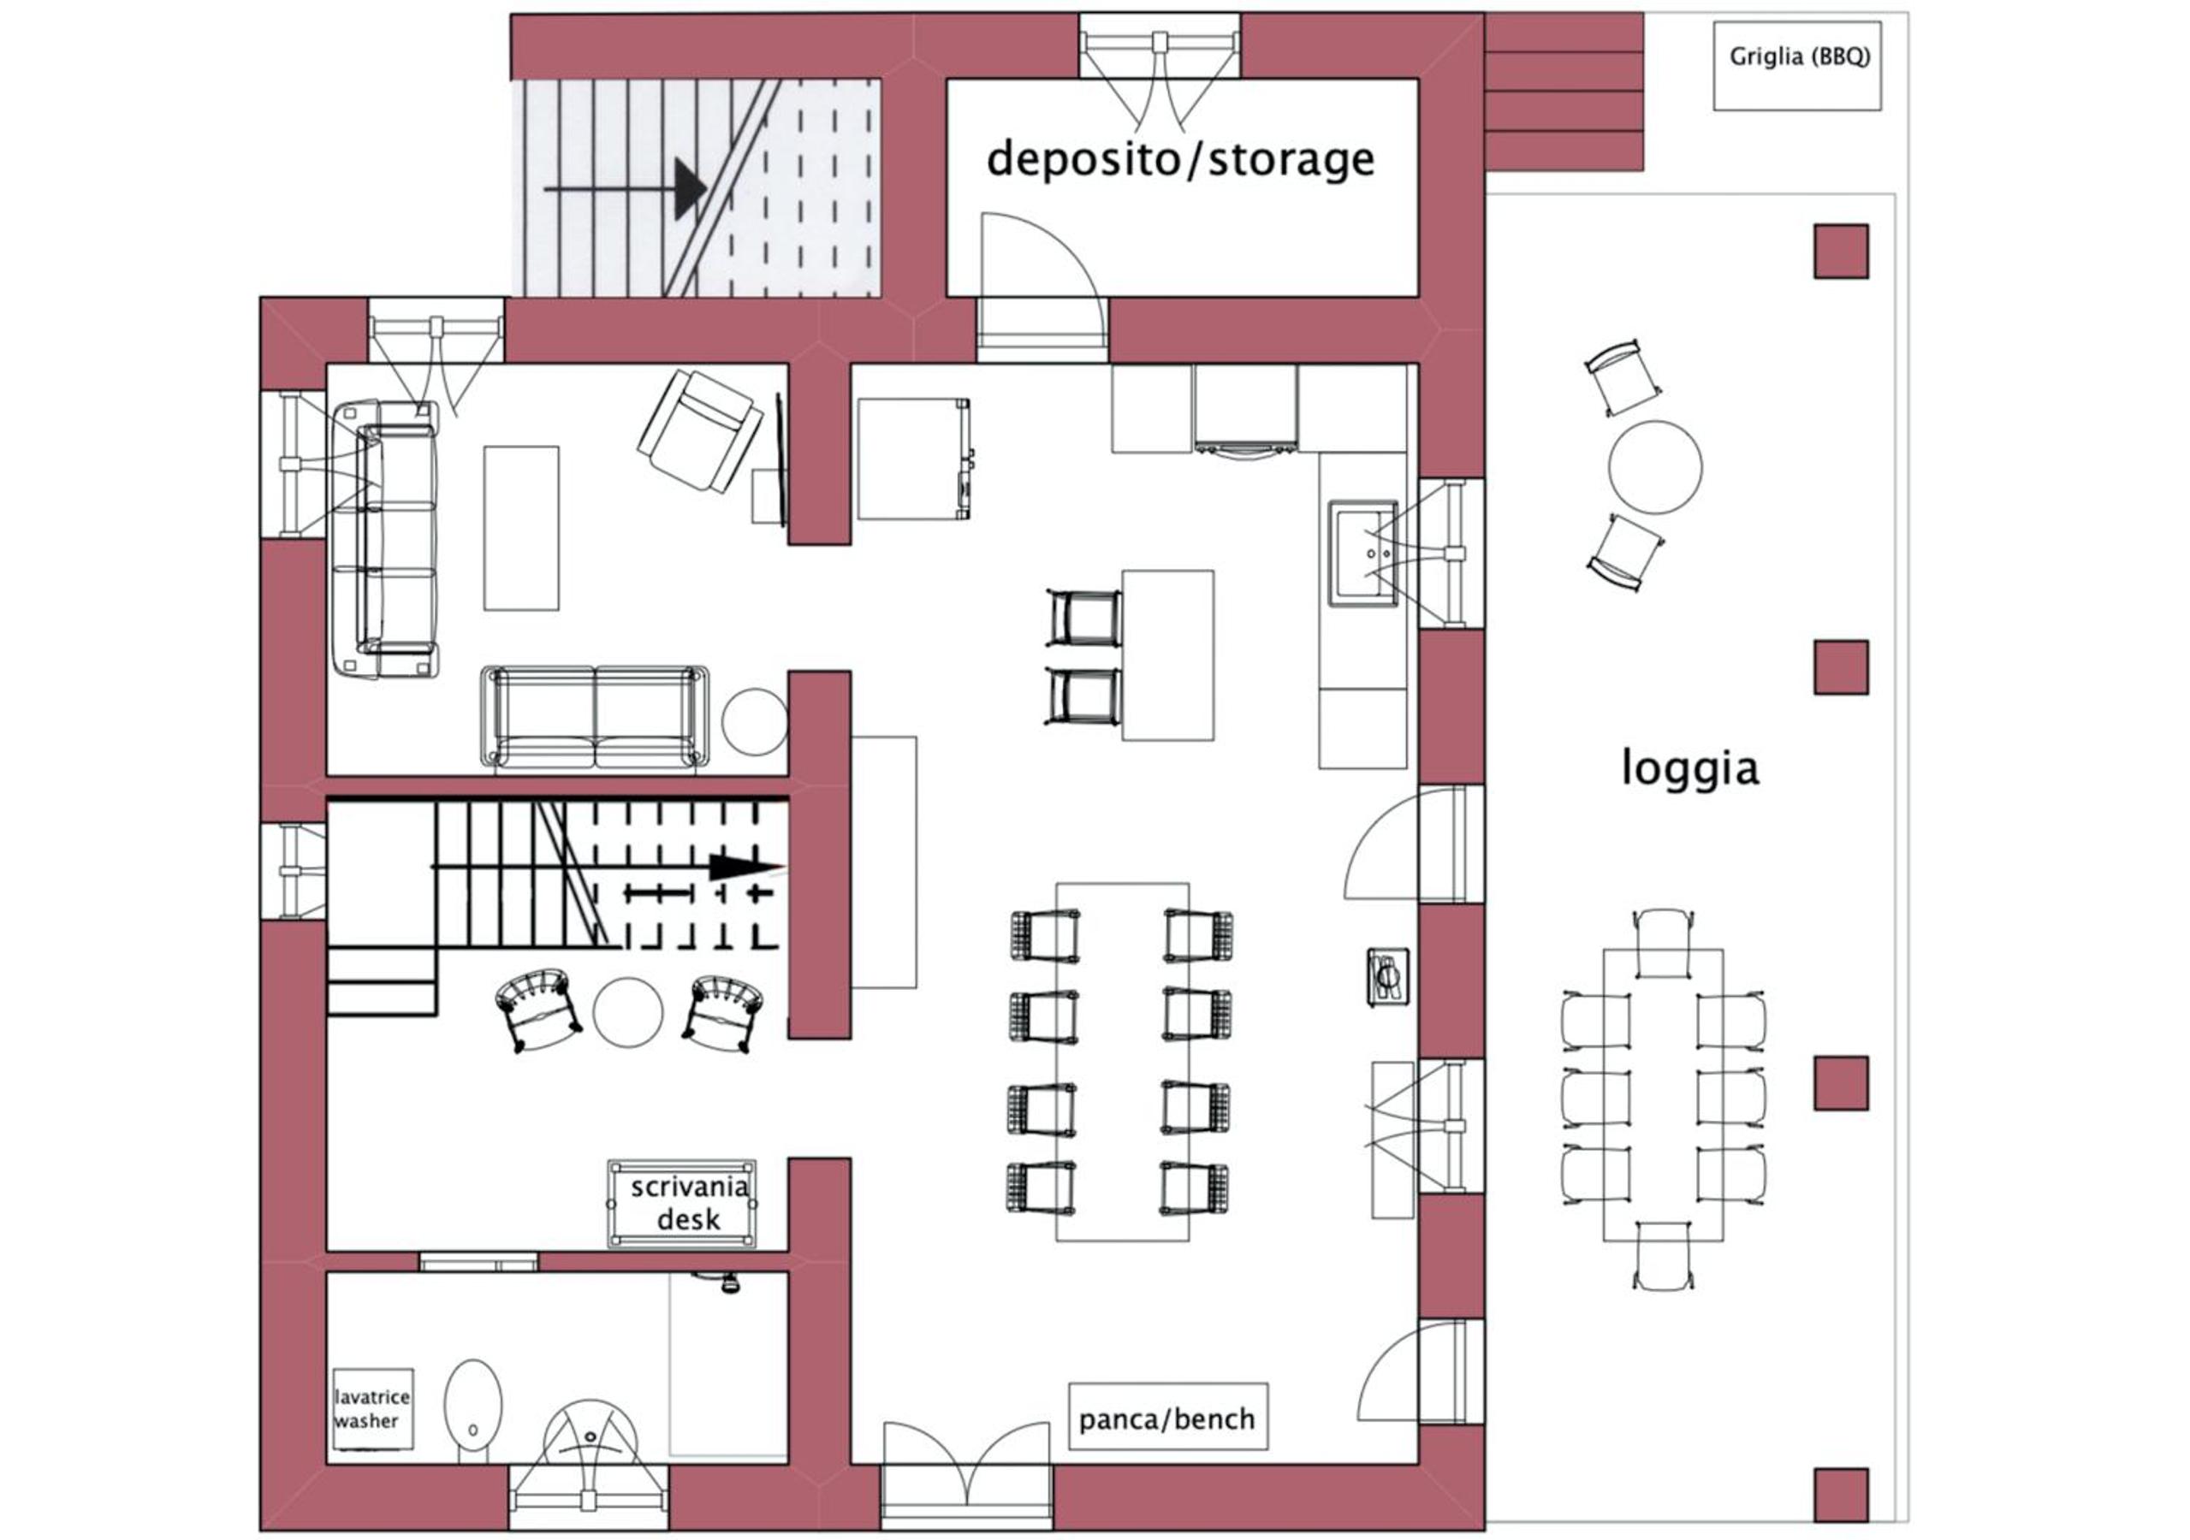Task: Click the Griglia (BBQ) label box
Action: pyautogui.click(x=1797, y=66)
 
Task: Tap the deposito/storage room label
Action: pyautogui.click(x=1181, y=159)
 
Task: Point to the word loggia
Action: pyautogui.click(x=1690, y=767)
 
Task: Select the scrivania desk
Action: pyautogui.click(x=682, y=1204)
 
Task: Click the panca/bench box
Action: pyautogui.click(x=1167, y=1417)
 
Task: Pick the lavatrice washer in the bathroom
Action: pyautogui.click(x=372, y=1409)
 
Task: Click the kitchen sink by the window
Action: pyautogui.click(x=1362, y=552)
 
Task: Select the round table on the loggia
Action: pyautogui.click(x=1655, y=467)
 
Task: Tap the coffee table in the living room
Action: pyautogui.click(x=521, y=527)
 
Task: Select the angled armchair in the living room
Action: pyautogui.click(x=701, y=431)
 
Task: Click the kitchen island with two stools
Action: pyautogui.click(x=1167, y=655)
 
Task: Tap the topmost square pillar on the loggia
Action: pyautogui.click(x=1841, y=252)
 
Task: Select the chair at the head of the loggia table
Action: pyautogui.click(x=1664, y=942)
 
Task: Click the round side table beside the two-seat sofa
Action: pyautogui.click(x=756, y=722)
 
